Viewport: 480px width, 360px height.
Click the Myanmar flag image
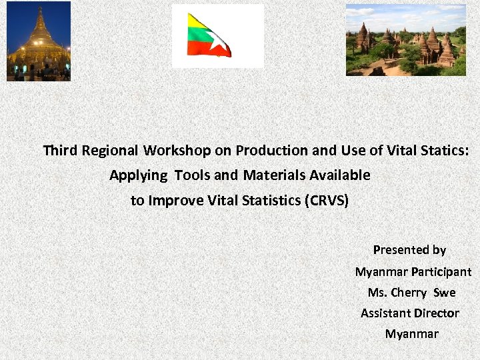click(209, 35)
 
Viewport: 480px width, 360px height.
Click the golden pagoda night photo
click(39, 41)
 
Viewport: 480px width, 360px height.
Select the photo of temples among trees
click(405, 40)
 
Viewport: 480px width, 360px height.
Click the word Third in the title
click(60, 151)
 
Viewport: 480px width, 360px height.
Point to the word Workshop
click(170, 151)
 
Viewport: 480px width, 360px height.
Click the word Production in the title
click(266, 151)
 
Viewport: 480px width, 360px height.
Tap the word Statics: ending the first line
click(443, 151)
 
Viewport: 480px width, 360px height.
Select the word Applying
click(139, 175)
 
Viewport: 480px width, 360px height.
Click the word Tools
click(192, 175)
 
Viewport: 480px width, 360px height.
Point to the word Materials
click(274, 175)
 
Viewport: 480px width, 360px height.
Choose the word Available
click(339, 175)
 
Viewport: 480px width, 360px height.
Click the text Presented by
click(409, 250)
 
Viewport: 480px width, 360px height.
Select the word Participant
click(441, 272)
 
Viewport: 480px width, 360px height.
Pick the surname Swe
click(445, 293)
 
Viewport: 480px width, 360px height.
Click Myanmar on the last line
click(412, 334)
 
